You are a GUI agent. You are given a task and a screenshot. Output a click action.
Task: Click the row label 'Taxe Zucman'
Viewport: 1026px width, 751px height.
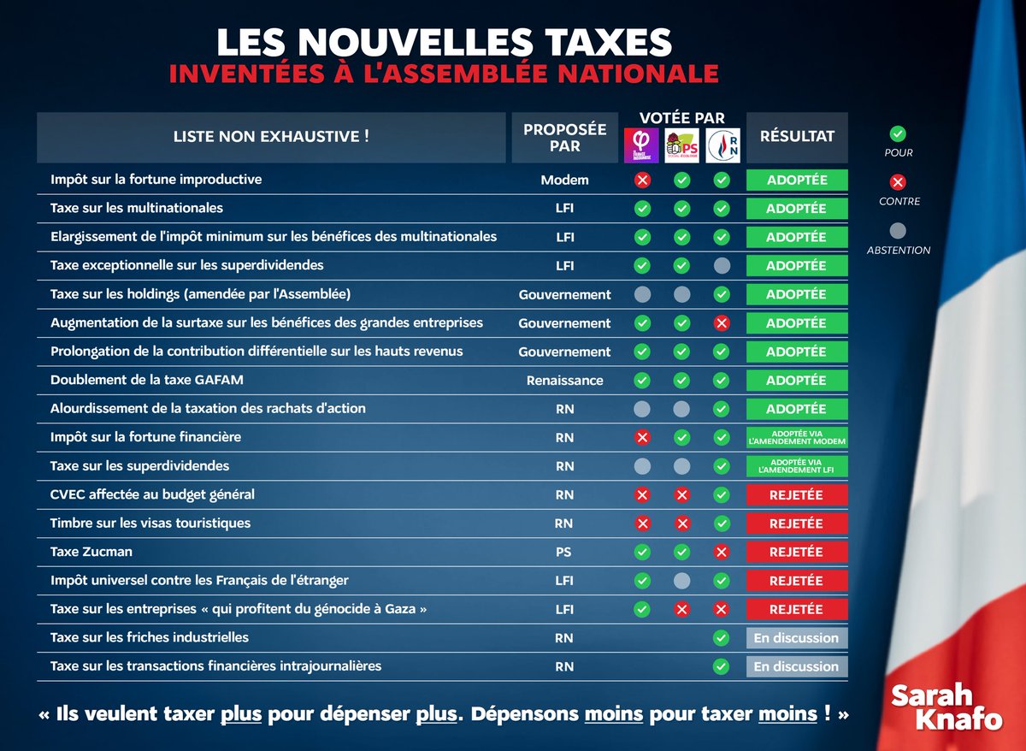91,552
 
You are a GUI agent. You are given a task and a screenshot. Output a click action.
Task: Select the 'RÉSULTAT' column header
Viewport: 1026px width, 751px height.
797,137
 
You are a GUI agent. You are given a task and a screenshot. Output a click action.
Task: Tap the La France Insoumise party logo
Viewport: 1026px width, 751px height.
642,145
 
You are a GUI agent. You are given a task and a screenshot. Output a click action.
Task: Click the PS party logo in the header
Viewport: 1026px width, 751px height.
681,145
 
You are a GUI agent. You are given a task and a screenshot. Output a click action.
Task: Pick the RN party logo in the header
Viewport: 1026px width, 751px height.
722,145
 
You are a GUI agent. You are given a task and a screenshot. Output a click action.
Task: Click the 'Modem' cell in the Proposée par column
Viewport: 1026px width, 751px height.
564,180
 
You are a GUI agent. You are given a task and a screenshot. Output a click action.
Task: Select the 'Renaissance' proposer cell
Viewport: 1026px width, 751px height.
564,381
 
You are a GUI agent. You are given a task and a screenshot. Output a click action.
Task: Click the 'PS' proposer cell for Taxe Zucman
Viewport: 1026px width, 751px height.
564,553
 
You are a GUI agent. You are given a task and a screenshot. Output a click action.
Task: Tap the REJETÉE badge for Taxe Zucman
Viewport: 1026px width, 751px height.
796,553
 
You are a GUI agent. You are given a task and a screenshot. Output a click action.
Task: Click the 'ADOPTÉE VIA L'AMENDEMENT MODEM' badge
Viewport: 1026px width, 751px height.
796,437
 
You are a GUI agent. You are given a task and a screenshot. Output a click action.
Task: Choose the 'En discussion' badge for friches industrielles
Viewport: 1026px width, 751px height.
796,638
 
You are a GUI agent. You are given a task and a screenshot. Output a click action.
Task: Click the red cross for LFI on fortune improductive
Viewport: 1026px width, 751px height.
642,180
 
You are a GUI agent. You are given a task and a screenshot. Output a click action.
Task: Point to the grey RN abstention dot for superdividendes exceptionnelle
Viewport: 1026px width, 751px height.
722,266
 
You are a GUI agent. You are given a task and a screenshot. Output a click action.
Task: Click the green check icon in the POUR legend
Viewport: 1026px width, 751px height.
898,133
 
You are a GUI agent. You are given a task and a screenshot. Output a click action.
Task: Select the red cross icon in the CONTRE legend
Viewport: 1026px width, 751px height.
898,182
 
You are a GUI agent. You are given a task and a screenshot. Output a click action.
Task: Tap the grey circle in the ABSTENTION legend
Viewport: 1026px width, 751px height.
898,231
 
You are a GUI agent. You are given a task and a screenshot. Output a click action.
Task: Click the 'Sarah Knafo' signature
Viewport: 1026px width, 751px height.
946,707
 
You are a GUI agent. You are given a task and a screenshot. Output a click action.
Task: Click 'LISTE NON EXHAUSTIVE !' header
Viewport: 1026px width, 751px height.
271,137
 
